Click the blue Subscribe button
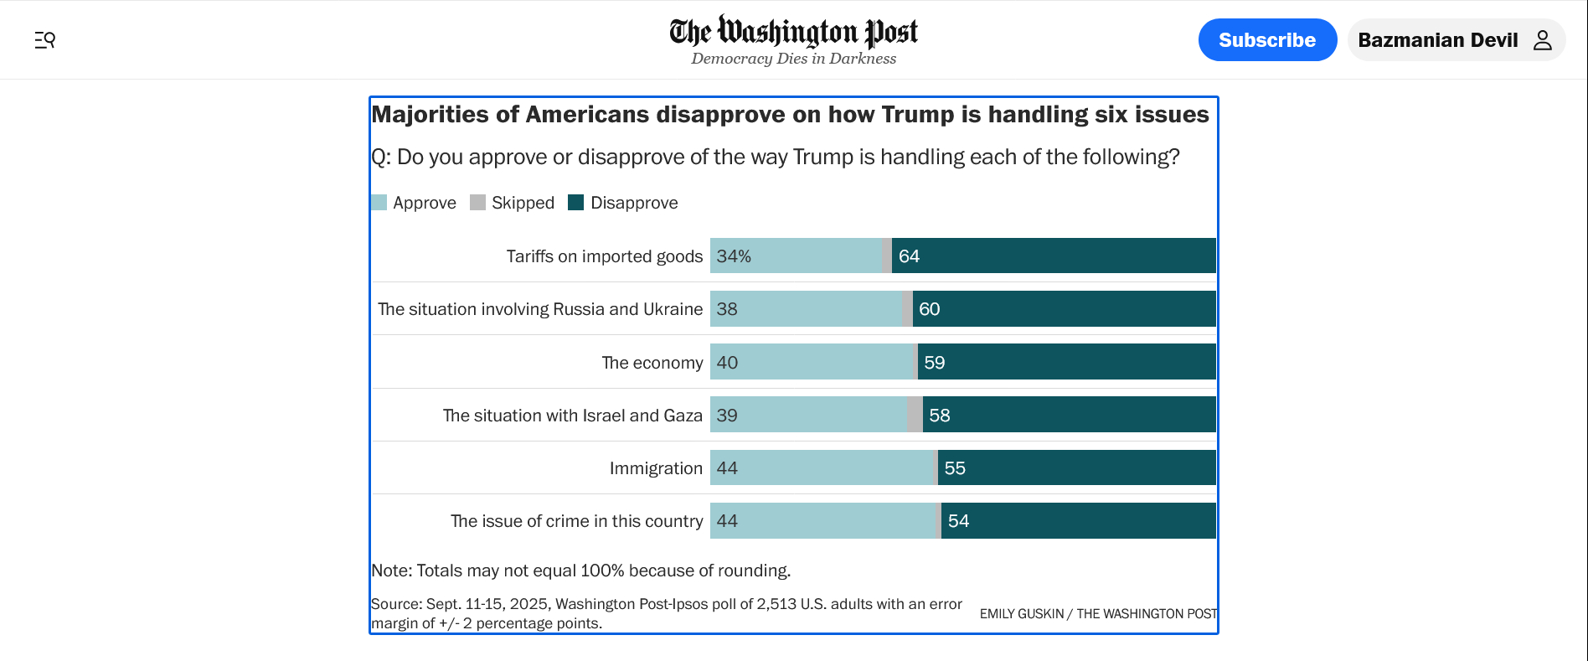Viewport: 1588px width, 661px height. tap(1266, 40)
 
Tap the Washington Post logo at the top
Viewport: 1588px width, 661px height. tap(793, 32)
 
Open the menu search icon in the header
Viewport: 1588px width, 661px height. tap(45, 40)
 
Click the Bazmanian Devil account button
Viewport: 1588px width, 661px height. tap(1456, 40)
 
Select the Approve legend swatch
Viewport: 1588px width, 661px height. tap(379, 203)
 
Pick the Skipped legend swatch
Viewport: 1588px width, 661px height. tap(478, 203)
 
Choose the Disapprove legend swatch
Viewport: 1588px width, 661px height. tap(576, 203)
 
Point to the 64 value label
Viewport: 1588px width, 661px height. tap(909, 256)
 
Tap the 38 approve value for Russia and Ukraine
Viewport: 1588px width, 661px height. tap(727, 309)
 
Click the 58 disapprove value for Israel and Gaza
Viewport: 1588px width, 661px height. tap(940, 416)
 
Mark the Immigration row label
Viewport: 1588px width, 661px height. tap(656, 468)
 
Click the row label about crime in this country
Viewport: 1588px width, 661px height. tap(576, 521)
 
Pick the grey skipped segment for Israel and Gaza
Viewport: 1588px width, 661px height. tap(915, 415)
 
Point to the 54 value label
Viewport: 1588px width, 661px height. tap(958, 521)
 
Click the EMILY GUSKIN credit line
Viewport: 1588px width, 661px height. tap(1098, 614)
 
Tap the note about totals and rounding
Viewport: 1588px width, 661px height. tap(580, 571)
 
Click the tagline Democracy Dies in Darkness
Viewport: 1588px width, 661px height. tap(793, 59)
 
